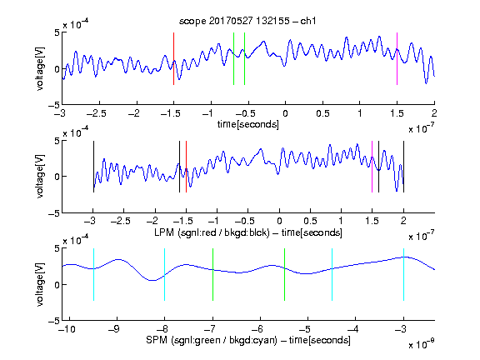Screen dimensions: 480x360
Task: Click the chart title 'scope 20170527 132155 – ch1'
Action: (x=247, y=21)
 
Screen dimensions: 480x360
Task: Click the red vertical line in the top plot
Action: (x=173, y=58)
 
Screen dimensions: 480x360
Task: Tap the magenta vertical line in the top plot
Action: (x=397, y=58)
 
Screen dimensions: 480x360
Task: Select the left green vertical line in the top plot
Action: (x=233, y=58)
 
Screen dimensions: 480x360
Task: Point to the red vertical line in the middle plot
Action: (x=186, y=167)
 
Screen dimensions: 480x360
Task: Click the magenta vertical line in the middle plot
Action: (x=372, y=167)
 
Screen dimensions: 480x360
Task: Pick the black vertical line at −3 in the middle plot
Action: (x=93, y=167)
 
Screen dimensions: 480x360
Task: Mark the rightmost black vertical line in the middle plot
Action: (x=404, y=167)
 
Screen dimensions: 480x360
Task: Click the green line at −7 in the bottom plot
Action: (x=212, y=275)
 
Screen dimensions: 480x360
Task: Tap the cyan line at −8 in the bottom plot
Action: (x=165, y=275)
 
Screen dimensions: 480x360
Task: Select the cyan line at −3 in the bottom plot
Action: (x=404, y=275)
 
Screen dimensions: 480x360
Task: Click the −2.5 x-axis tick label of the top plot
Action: (x=96, y=113)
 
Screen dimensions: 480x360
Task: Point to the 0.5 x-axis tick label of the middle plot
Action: (x=310, y=221)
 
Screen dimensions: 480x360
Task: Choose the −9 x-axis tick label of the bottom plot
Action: (x=114, y=329)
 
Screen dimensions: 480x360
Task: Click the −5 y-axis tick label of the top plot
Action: (x=54, y=105)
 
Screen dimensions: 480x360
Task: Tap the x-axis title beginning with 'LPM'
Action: (x=248, y=232)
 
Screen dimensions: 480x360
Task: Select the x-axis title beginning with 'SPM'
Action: (x=248, y=340)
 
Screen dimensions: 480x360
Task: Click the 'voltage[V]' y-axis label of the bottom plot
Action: (x=40, y=284)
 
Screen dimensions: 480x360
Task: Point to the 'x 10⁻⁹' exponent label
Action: (x=422, y=345)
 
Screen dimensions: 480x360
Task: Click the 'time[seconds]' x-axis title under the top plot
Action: (x=248, y=125)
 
